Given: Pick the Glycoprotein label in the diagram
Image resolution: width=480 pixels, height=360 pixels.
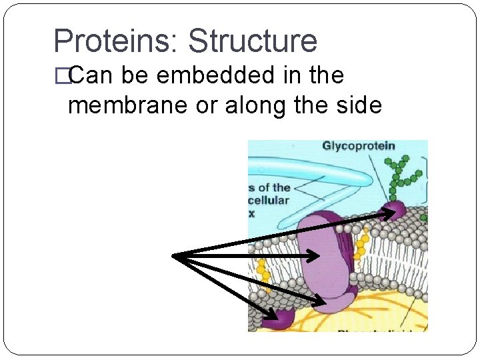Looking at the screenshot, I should pos(359,146).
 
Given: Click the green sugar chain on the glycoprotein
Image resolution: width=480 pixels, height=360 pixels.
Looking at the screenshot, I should pos(403,176).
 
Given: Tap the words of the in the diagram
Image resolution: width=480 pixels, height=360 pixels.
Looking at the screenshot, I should pos(270,187).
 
